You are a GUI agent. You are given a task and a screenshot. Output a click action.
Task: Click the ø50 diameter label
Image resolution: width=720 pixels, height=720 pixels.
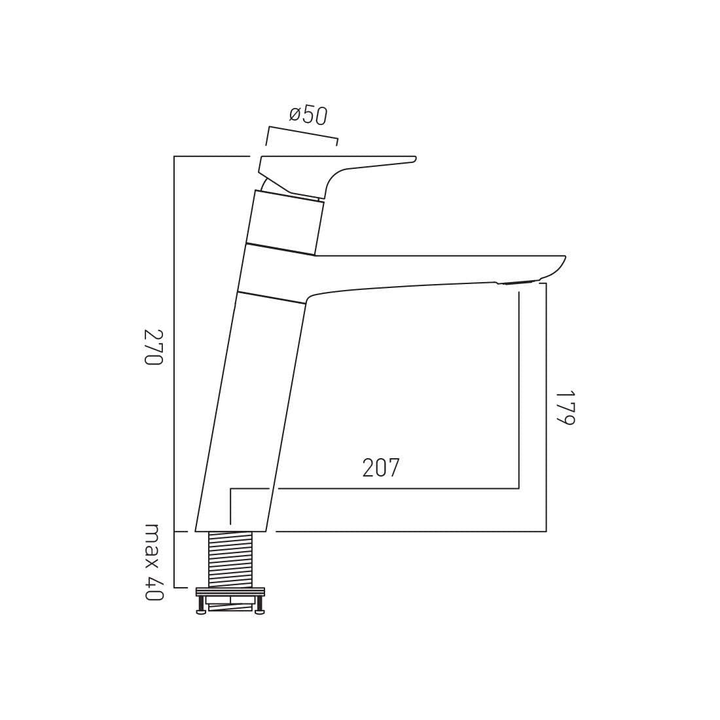coord(308,115)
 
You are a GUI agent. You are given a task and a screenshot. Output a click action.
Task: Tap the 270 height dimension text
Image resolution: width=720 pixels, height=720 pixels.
coord(153,347)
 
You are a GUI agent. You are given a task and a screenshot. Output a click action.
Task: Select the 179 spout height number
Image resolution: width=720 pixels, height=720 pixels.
coord(564,408)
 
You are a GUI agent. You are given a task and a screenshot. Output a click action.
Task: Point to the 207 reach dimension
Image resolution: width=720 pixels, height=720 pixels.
coord(380,468)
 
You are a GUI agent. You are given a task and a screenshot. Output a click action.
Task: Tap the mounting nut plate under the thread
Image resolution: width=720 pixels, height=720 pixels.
coord(230,592)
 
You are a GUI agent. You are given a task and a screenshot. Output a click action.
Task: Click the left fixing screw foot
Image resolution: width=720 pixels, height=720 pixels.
coord(201,612)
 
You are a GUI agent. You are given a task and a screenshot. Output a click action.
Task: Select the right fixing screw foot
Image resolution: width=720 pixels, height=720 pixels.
coord(259,612)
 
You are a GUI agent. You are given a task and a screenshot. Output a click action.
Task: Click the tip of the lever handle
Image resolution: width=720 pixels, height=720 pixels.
coord(413,159)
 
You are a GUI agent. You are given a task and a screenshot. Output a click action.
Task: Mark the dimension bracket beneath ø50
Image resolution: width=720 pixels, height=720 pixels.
coord(302,132)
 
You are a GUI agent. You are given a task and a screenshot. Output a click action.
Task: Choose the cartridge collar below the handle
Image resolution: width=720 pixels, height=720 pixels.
coord(285,220)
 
